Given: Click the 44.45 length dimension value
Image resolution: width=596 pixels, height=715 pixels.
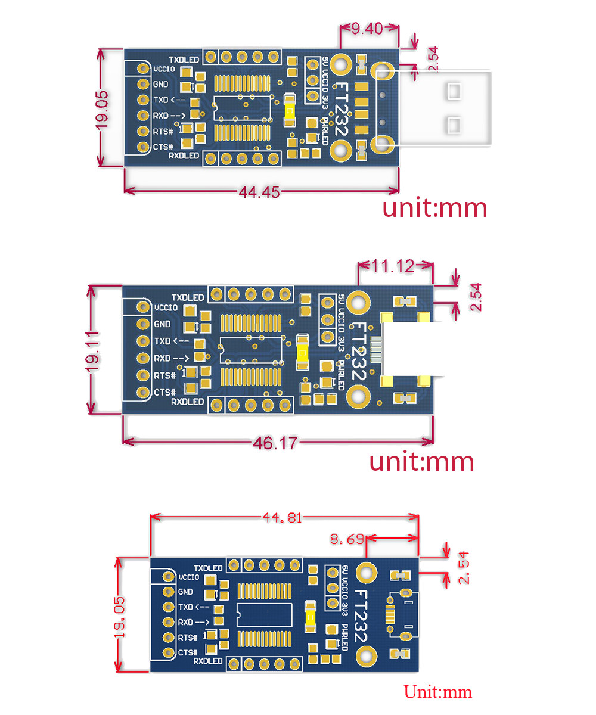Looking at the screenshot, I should tap(260, 192).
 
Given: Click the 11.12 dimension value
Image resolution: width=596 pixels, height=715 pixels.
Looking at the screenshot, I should tap(393, 266).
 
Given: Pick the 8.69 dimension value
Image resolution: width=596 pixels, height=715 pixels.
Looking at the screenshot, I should tap(347, 540).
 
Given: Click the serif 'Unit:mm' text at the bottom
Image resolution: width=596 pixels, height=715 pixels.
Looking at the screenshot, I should tap(438, 692).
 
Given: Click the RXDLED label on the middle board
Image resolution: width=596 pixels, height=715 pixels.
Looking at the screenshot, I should tap(188, 402).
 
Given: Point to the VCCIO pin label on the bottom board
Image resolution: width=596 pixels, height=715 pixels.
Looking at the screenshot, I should tap(188, 577).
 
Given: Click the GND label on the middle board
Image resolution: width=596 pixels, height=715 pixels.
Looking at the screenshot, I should tap(162, 324).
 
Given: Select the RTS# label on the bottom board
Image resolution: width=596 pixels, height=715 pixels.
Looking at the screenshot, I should tap(187, 638).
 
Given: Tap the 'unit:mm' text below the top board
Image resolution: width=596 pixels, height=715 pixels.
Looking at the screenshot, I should tap(434, 208).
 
